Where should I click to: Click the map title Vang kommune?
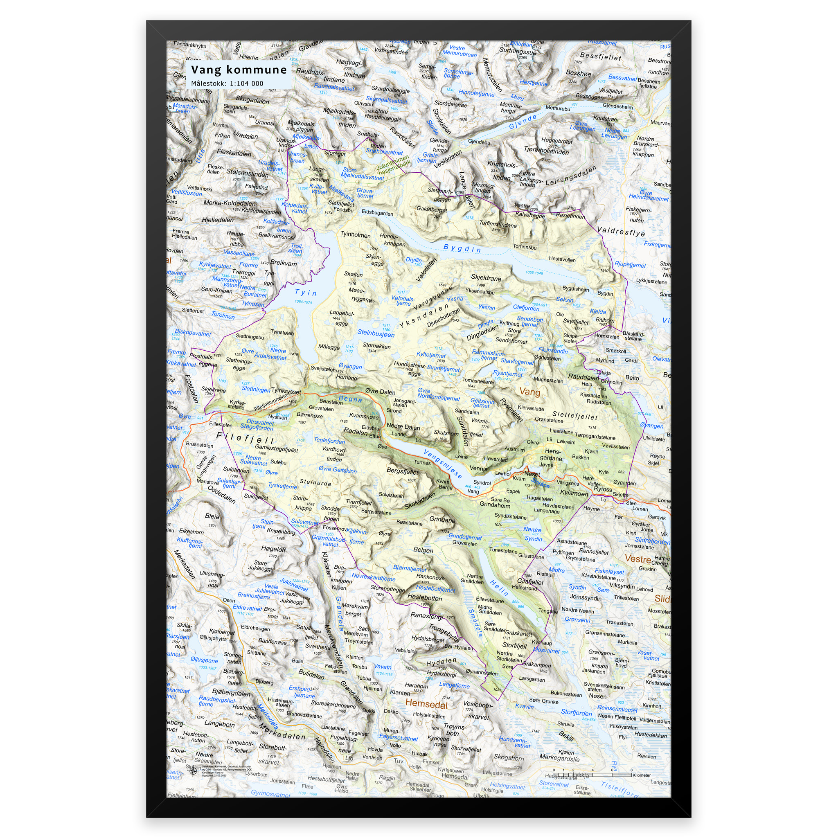[x=239, y=70]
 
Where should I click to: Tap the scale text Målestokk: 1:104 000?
[x=227, y=83]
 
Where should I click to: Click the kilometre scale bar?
[x=592, y=775]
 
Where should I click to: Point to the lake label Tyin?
[x=306, y=293]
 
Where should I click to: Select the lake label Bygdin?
[x=462, y=248]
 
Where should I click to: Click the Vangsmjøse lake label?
[x=442, y=464]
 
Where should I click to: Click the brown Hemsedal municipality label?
[x=426, y=703]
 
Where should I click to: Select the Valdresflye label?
[x=621, y=232]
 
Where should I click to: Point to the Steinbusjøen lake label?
[x=376, y=333]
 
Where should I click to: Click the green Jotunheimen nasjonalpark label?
[x=393, y=166]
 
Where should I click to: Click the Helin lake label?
[x=499, y=588]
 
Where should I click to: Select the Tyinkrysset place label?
[x=286, y=391]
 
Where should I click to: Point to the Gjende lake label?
[x=523, y=122]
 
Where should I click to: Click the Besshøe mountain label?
[x=578, y=73]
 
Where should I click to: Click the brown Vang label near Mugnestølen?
[x=529, y=392]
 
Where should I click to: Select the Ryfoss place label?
[x=602, y=489]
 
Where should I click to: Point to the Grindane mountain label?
[x=442, y=519]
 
